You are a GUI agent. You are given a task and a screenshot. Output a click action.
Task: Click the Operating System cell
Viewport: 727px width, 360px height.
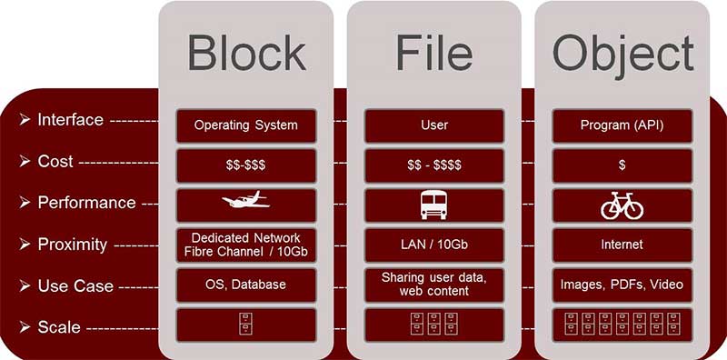[x=246, y=125]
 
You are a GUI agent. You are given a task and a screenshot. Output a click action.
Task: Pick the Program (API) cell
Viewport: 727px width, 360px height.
[x=622, y=125]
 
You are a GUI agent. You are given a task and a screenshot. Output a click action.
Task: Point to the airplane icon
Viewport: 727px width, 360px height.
[x=245, y=199]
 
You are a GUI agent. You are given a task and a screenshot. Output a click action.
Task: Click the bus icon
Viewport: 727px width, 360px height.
[x=434, y=205]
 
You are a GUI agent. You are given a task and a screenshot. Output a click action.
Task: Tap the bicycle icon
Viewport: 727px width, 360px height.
[x=622, y=205]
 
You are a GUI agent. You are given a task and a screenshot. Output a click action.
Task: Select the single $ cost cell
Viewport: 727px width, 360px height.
[x=622, y=165]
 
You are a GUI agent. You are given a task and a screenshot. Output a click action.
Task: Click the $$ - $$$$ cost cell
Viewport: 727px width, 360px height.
[x=434, y=165]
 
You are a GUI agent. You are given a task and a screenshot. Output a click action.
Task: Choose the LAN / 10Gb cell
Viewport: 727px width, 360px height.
[x=434, y=245]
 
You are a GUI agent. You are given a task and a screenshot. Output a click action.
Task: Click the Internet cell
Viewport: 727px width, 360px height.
[x=622, y=245]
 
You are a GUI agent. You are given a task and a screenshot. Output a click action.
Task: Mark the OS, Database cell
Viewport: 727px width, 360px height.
[x=246, y=285]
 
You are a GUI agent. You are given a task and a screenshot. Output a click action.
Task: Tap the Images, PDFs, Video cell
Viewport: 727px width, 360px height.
[x=622, y=285]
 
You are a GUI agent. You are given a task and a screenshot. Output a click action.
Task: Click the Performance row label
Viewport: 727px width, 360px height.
[x=86, y=203]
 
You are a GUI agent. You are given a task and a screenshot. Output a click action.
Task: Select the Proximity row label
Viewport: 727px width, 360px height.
[x=73, y=245]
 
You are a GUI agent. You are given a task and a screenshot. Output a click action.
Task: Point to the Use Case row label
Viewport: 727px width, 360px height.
[x=75, y=285]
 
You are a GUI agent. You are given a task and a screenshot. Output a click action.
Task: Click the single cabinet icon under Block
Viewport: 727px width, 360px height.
[x=245, y=324]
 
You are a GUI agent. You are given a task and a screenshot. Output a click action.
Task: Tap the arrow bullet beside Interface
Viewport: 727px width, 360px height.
[x=25, y=120]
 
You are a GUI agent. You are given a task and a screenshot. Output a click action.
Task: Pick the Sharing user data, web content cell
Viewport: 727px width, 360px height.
[x=434, y=285]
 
